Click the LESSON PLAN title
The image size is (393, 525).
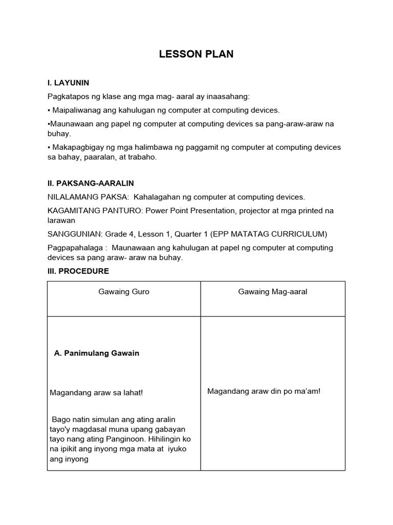pyautogui.click(x=196, y=54)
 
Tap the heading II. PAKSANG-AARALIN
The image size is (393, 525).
pyautogui.click(x=91, y=183)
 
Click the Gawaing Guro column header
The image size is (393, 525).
pyautogui.click(x=124, y=292)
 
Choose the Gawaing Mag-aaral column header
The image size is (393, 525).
pyautogui.click(x=273, y=292)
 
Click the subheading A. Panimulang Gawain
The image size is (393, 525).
pyautogui.click(x=96, y=353)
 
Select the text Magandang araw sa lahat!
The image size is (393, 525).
pyautogui.click(x=96, y=393)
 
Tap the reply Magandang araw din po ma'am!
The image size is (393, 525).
pyautogui.click(x=264, y=392)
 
